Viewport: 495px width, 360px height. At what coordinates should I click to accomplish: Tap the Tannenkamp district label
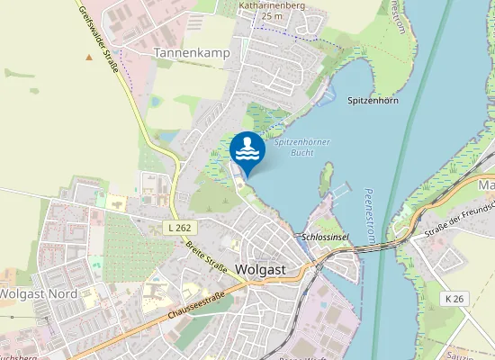point(192,53)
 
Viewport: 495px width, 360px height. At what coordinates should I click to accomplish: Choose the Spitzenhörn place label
point(373,101)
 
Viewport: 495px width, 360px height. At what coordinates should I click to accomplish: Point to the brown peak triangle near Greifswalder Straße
point(88,58)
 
